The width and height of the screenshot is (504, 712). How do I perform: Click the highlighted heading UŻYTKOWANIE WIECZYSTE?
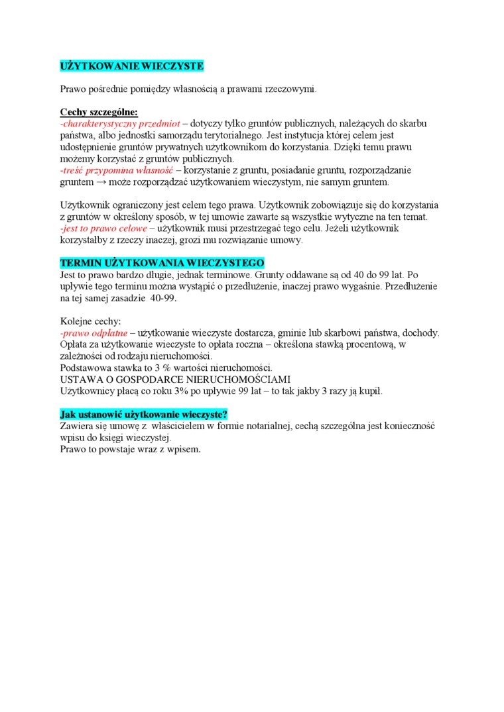click(131, 66)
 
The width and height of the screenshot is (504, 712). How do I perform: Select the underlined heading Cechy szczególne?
click(99, 112)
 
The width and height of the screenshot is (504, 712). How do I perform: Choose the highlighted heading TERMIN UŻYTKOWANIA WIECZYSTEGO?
click(162, 263)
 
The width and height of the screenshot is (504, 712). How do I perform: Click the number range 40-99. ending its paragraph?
click(163, 298)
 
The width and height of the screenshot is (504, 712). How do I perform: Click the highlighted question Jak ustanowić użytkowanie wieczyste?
click(143, 415)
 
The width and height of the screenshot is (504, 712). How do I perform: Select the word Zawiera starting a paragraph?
click(77, 427)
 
